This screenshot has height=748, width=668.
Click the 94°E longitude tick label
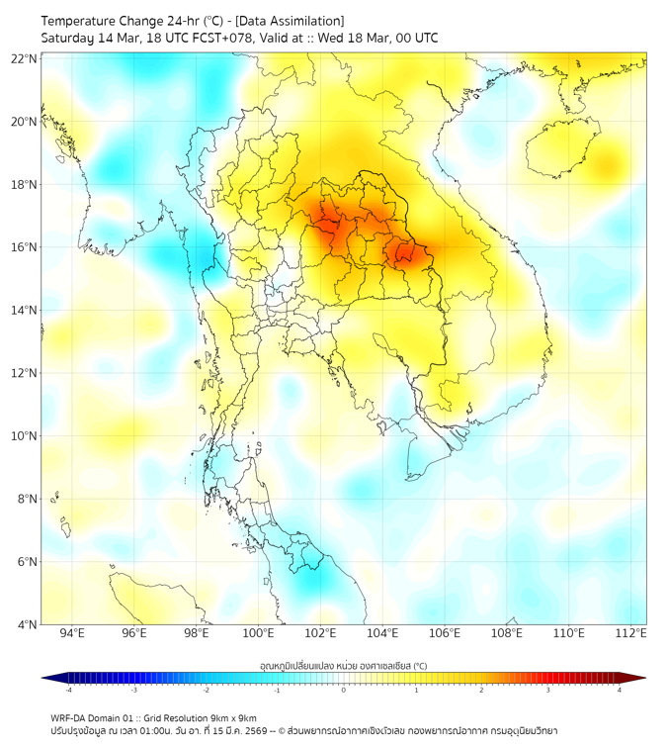click(72, 633)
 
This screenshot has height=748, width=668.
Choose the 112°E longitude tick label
click(631, 633)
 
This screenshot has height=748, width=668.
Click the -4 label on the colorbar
click(68, 690)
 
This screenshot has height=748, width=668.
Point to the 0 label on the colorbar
click(344, 690)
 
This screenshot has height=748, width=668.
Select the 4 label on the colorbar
click(619, 690)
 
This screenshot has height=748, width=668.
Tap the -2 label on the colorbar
click(206, 690)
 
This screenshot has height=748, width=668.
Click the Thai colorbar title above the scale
click(343, 666)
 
